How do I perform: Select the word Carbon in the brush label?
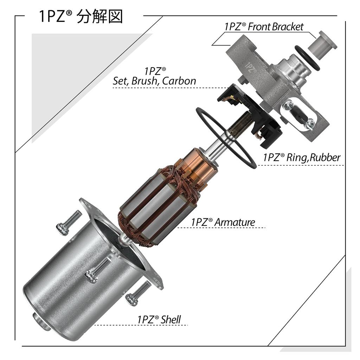pyautogui.click(x=179, y=81)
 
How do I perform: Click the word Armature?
pyautogui.click(x=235, y=222)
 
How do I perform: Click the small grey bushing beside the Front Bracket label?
pyautogui.click(x=324, y=44)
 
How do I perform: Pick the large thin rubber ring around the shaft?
pyautogui.click(x=225, y=137)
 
